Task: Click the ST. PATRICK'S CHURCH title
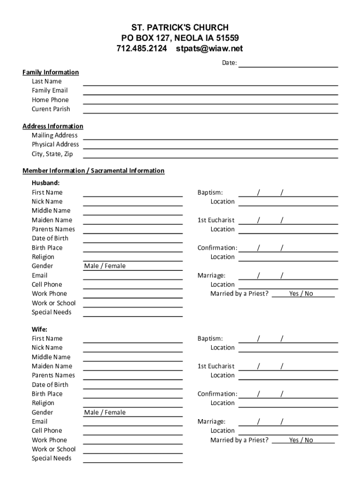pos(180,28)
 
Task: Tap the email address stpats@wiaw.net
pos(209,49)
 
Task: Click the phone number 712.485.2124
pos(141,49)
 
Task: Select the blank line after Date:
pos(288,64)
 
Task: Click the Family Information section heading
pos(50,72)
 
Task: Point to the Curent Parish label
pos(51,109)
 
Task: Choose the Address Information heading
pos(53,126)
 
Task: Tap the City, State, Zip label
pos(52,154)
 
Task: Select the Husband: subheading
pos(45,183)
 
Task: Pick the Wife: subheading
pos(39,329)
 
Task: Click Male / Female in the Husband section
pos(105,266)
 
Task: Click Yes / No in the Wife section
pos(301,440)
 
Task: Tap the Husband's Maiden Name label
pos(52,220)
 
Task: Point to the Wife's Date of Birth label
pos(50,385)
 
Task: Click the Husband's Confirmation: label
pos(217,247)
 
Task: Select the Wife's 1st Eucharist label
pos(216,366)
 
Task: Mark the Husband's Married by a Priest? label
pos(239,294)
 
